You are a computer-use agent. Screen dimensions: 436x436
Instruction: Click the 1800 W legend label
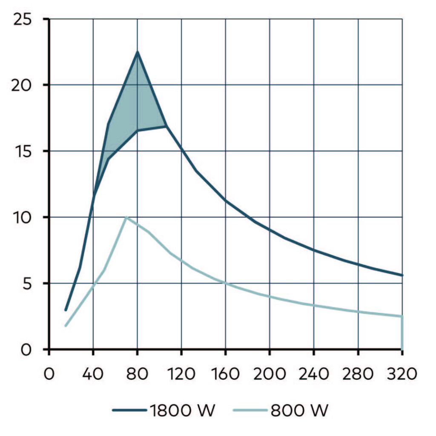182,411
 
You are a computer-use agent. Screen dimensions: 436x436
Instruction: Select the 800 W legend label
299,411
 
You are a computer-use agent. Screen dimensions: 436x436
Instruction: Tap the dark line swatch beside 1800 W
130,411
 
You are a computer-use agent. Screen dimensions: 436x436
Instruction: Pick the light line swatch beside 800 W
251,411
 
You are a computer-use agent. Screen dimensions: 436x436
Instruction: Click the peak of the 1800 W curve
137,52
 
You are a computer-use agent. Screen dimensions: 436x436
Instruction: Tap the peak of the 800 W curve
126,217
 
